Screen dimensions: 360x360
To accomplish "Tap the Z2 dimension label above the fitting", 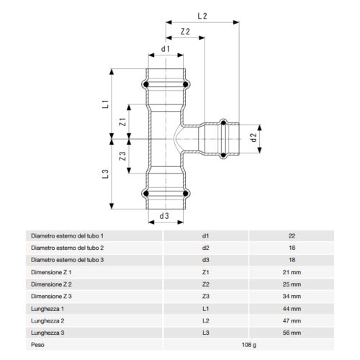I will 186,32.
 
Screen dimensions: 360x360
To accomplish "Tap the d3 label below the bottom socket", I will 164,215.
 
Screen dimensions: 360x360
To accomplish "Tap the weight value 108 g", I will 248,344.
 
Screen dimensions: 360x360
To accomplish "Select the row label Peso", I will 38,344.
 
